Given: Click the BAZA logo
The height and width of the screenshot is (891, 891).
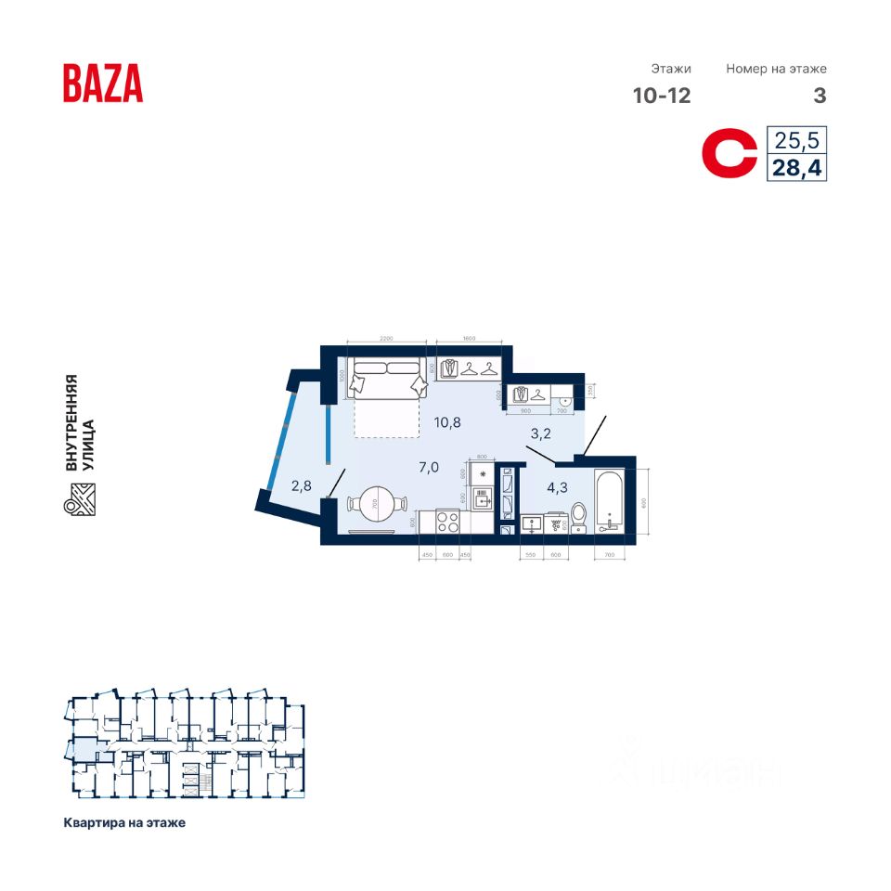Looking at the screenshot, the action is [x=103, y=83].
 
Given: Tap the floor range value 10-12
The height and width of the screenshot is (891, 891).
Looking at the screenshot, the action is [x=662, y=96].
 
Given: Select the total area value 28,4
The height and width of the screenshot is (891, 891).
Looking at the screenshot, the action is [x=796, y=168].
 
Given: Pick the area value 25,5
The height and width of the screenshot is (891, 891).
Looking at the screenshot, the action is [x=796, y=142].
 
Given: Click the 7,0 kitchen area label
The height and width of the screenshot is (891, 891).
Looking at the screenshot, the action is [x=429, y=467].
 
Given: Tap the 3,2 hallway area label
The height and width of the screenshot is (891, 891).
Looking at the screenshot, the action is [x=541, y=433].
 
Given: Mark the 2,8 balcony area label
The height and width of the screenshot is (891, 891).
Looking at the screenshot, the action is [x=301, y=484].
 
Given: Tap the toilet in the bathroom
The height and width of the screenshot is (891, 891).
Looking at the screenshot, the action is [x=577, y=517].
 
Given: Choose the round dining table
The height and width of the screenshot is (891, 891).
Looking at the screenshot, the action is [x=377, y=504].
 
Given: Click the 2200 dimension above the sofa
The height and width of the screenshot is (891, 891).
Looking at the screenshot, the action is [x=387, y=338].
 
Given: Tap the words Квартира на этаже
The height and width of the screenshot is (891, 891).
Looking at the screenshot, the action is [x=124, y=823].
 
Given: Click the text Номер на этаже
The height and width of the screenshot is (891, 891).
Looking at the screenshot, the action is [x=776, y=69].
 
